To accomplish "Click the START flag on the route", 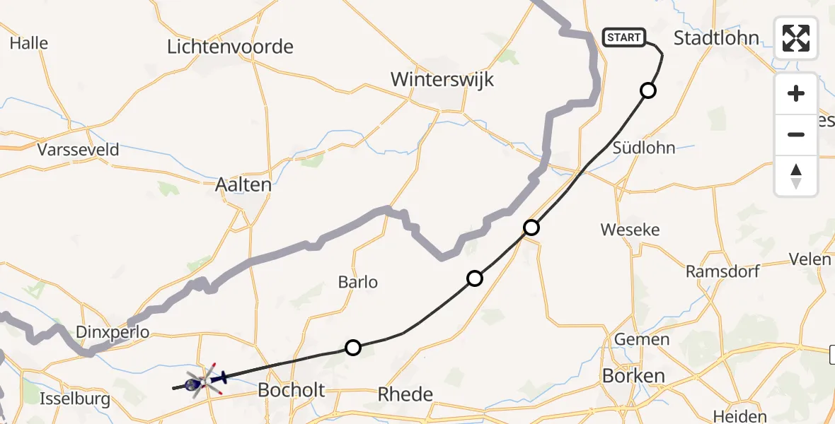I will click(623, 37).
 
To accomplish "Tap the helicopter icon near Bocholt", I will click(205, 382).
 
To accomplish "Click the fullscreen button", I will click(796, 38).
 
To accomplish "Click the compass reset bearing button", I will click(796, 176).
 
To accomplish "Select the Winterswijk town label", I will click(442, 79).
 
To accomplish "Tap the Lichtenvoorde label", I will click(230, 47).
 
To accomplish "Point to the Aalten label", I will click(243, 185).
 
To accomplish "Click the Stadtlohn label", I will click(716, 38).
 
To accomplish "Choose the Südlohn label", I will click(644, 148).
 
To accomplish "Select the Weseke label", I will click(630, 230).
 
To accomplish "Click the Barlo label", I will click(357, 283).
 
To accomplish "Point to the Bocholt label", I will click(292, 390).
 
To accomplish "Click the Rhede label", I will click(405, 394).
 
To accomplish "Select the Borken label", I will click(633, 376).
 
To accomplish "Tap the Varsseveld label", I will click(79, 150).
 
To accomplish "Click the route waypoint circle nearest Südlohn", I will click(647, 90).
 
